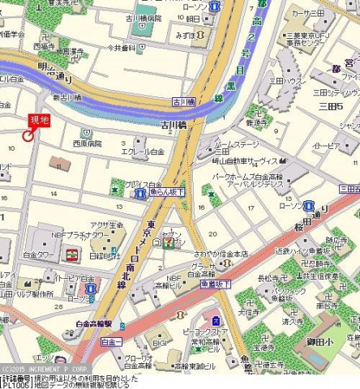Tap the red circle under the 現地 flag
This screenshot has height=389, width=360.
point(29,135)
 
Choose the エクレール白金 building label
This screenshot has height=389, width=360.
point(143,152)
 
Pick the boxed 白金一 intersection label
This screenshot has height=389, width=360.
point(111,343)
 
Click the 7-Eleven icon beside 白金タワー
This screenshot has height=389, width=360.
point(71,254)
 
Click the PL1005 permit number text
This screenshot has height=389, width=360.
point(17,385)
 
